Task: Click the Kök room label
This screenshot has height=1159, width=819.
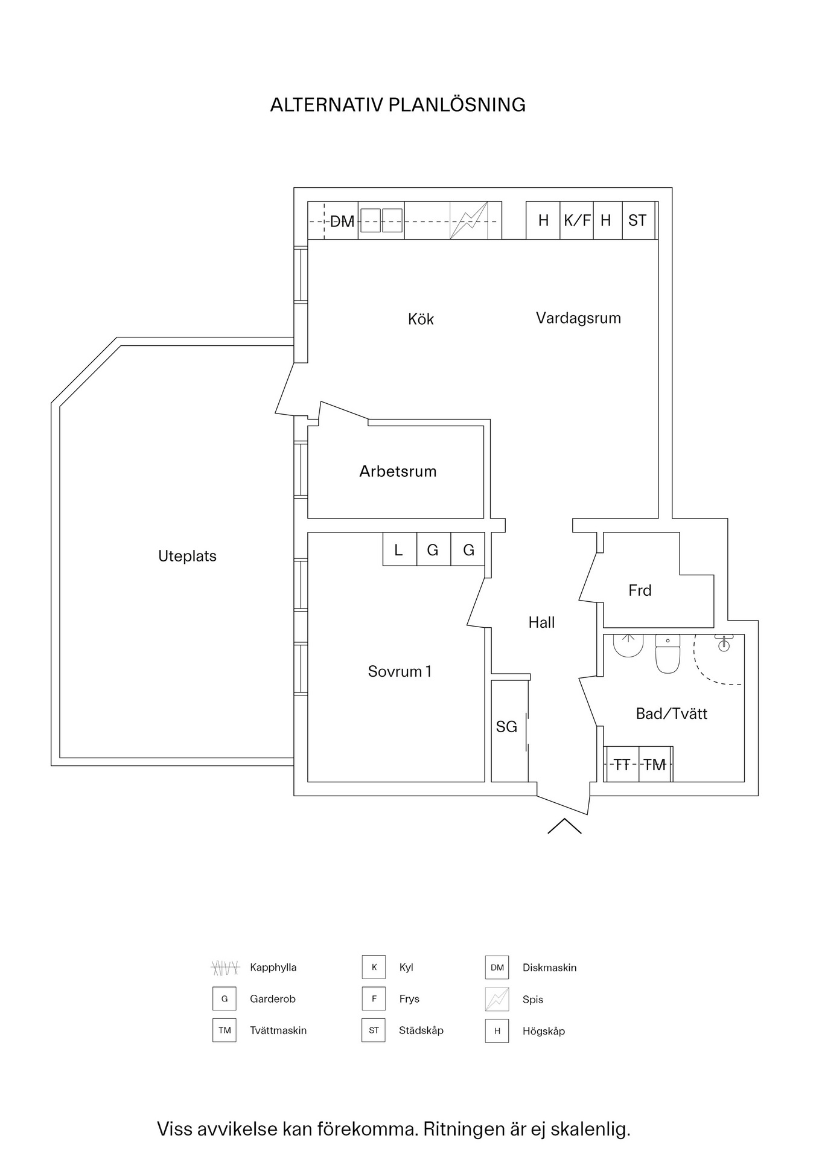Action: [421, 319]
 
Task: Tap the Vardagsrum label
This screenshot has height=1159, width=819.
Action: [578, 318]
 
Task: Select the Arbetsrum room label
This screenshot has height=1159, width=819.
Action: [398, 471]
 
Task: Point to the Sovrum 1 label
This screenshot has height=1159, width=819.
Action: [400, 671]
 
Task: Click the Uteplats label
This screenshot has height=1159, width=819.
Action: [187, 556]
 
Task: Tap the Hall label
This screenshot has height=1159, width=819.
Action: [541, 622]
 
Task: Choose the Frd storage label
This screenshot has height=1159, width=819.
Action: [640, 590]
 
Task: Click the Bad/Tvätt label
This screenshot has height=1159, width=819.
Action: [671, 714]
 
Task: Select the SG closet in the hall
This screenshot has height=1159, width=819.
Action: [507, 727]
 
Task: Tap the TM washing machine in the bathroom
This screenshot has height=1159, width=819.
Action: [655, 765]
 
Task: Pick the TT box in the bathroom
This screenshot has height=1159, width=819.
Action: [622, 765]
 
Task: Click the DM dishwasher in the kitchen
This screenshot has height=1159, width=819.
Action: [342, 221]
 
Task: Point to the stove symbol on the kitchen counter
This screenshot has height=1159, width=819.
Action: [468, 220]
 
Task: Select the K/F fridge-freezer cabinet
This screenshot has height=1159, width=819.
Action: [577, 220]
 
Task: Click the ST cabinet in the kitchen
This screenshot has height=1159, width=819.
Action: [637, 220]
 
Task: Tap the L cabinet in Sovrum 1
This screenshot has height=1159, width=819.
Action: [399, 549]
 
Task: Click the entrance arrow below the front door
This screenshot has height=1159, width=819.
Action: [564, 826]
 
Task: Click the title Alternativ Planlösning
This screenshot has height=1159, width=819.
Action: [398, 105]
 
